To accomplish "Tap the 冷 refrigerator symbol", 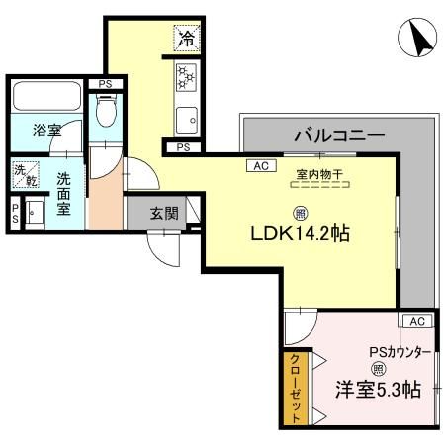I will [186, 39].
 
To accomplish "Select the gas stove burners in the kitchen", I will [186, 78].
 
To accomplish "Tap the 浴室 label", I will [45, 131].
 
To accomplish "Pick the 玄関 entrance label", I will [163, 212].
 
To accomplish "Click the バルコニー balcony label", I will [331, 134].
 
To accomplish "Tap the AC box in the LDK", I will [261, 166].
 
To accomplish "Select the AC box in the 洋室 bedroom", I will [415, 322].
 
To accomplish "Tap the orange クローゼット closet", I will [294, 389].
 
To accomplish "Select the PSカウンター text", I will [400, 351].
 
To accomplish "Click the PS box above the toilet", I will [105, 85].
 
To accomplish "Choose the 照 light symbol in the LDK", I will [298, 212].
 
